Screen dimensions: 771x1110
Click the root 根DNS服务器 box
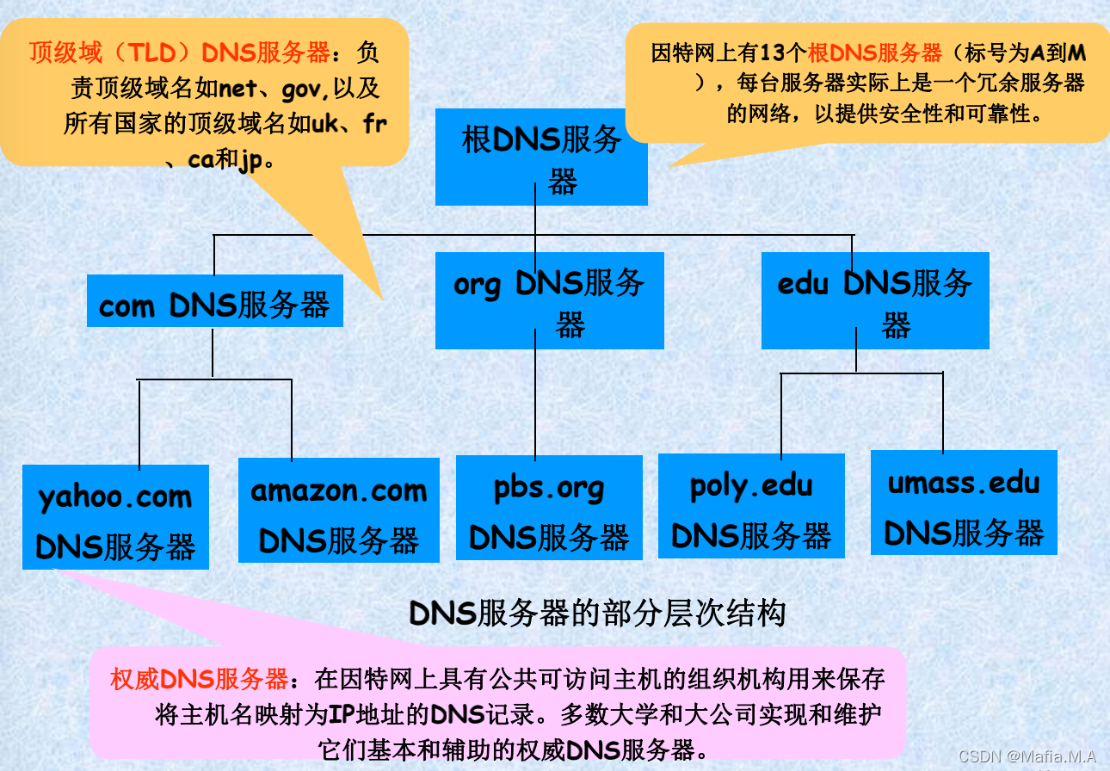pyautogui.click(x=541, y=157)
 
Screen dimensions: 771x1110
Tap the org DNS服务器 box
pyautogui.click(x=549, y=300)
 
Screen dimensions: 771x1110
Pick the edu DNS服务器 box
pyautogui.click(x=874, y=300)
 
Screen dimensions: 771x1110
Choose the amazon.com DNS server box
pyautogui.click(x=338, y=511)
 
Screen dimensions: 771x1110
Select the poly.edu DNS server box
pyautogui.click(x=751, y=507)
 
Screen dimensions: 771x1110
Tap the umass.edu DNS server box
pyautogui.click(x=964, y=503)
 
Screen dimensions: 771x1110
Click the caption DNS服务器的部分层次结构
pyautogui.click(x=597, y=614)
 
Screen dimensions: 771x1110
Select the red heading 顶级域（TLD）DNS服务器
pyautogui.click(x=179, y=53)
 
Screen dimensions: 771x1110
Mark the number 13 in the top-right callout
pyautogui.click(x=771, y=53)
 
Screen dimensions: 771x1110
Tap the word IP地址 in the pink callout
pyautogui.click(x=397, y=713)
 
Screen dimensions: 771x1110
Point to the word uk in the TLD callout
pyautogui.click(x=324, y=123)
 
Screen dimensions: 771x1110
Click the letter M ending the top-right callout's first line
pyautogui.click(x=1076, y=53)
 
